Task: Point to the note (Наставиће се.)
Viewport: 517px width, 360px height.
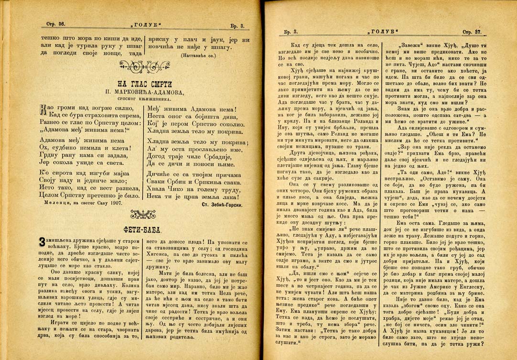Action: pyautogui.click(x=198, y=55)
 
